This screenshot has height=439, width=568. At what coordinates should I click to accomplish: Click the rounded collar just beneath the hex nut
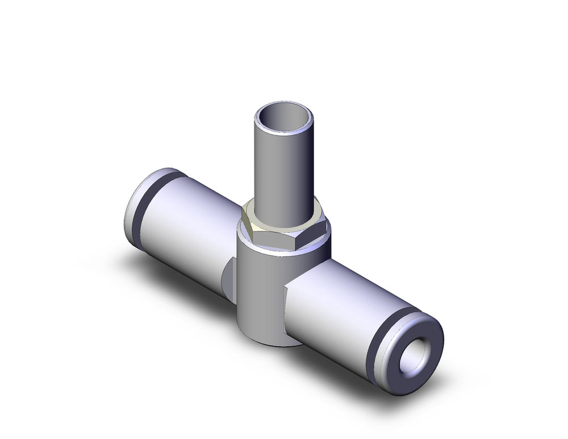coord(284,249)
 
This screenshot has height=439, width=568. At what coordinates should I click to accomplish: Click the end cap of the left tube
coord(132,205)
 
